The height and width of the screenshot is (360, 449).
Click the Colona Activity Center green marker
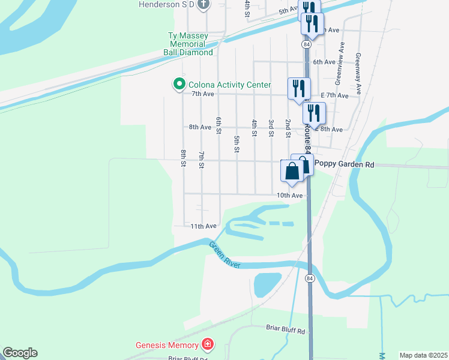pyautogui.click(x=178, y=85)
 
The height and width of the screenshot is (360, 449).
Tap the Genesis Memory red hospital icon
pyautogui.click(x=208, y=345)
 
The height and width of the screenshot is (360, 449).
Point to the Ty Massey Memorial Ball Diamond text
pyautogui.click(x=188, y=44)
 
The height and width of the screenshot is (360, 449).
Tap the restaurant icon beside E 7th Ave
pyautogui.click(x=298, y=88)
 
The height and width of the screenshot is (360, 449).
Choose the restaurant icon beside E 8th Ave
pyautogui.click(x=314, y=112)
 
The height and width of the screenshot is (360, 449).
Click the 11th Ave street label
pyautogui.click(x=203, y=226)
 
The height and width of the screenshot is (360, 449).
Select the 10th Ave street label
pyautogui.click(x=289, y=195)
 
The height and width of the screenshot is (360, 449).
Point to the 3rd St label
pyautogui.click(x=271, y=128)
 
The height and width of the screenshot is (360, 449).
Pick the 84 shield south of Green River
pyautogui.click(x=309, y=278)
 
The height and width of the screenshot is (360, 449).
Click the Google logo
pyautogui.click(x=19, y=353)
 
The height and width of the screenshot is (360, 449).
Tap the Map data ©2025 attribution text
pyautogui.click(x=423, y=355)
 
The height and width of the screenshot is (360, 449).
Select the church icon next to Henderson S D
pyautogui.click(x=203, y=4)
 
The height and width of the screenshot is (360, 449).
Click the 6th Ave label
pyautogui.click(x=324, y=62)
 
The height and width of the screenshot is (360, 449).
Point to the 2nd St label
pyautogui.click(x=288, y=128)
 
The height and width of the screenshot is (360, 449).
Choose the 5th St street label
pyautogui.click(x=237, y=144)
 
